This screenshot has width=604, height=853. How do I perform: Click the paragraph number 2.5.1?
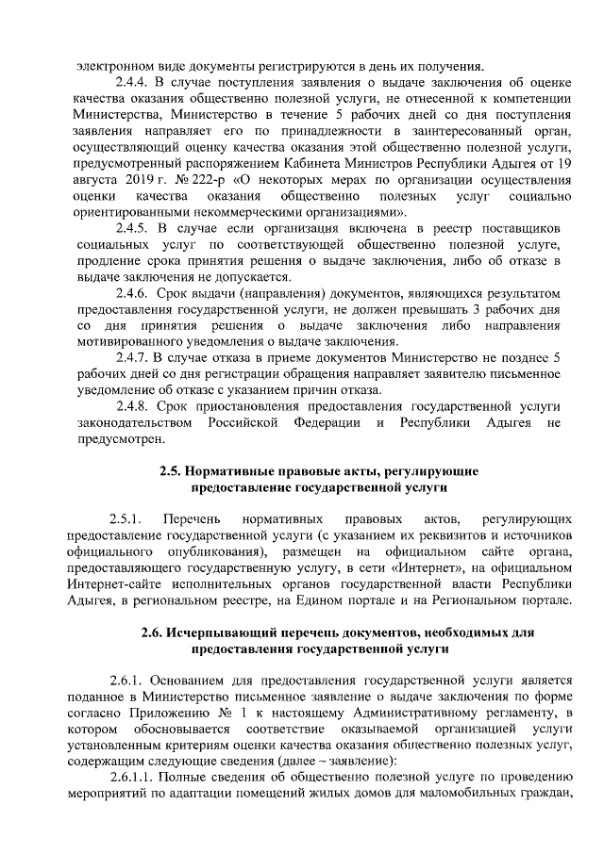pos(125,519)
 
